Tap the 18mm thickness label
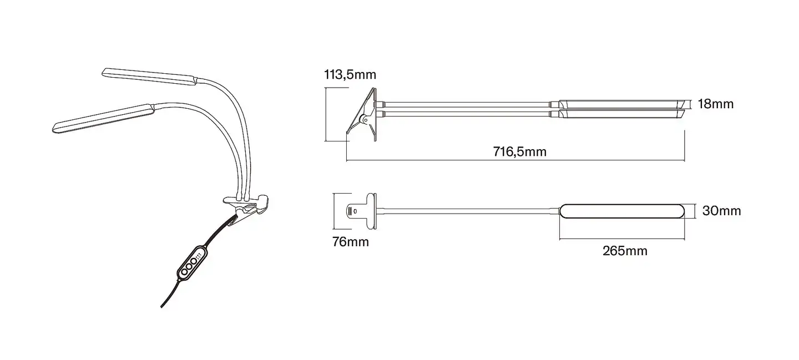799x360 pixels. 715,104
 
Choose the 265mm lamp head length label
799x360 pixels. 625,251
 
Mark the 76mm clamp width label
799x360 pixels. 350,242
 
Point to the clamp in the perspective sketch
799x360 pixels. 247,205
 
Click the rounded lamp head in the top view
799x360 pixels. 625,211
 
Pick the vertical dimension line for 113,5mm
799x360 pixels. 325,114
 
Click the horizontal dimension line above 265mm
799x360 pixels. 625,239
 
